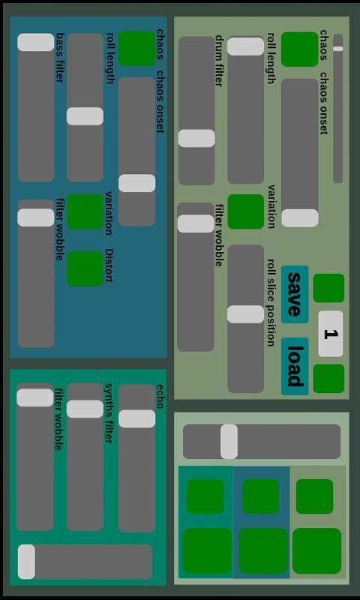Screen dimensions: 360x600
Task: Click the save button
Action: point(295,294)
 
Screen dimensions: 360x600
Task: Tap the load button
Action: point(295,366)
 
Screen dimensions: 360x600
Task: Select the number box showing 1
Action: point(331,334)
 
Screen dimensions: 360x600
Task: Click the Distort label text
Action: point(109,265)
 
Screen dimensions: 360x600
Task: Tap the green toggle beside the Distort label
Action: point(85,268)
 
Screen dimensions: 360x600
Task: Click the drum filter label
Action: point(219,61)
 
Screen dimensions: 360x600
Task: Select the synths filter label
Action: point(109,413)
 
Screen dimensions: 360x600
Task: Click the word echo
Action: point(160,397)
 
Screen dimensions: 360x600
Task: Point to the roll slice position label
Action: point(271,302)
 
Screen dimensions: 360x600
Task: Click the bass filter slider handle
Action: point(36,42)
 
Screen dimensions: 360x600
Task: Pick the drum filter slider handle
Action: point(196,138)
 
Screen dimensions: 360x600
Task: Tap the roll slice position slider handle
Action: point(245,314)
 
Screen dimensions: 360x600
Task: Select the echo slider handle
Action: point(137,418)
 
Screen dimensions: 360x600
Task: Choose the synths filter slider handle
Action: point(85,409)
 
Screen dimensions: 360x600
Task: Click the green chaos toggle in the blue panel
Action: point(136,49)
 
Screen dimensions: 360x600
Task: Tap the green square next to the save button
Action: point(328,288)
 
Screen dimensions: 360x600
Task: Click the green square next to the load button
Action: point(328,379)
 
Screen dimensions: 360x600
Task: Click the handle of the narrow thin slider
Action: point(337,49)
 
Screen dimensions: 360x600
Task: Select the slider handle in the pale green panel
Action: point(229,442)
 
